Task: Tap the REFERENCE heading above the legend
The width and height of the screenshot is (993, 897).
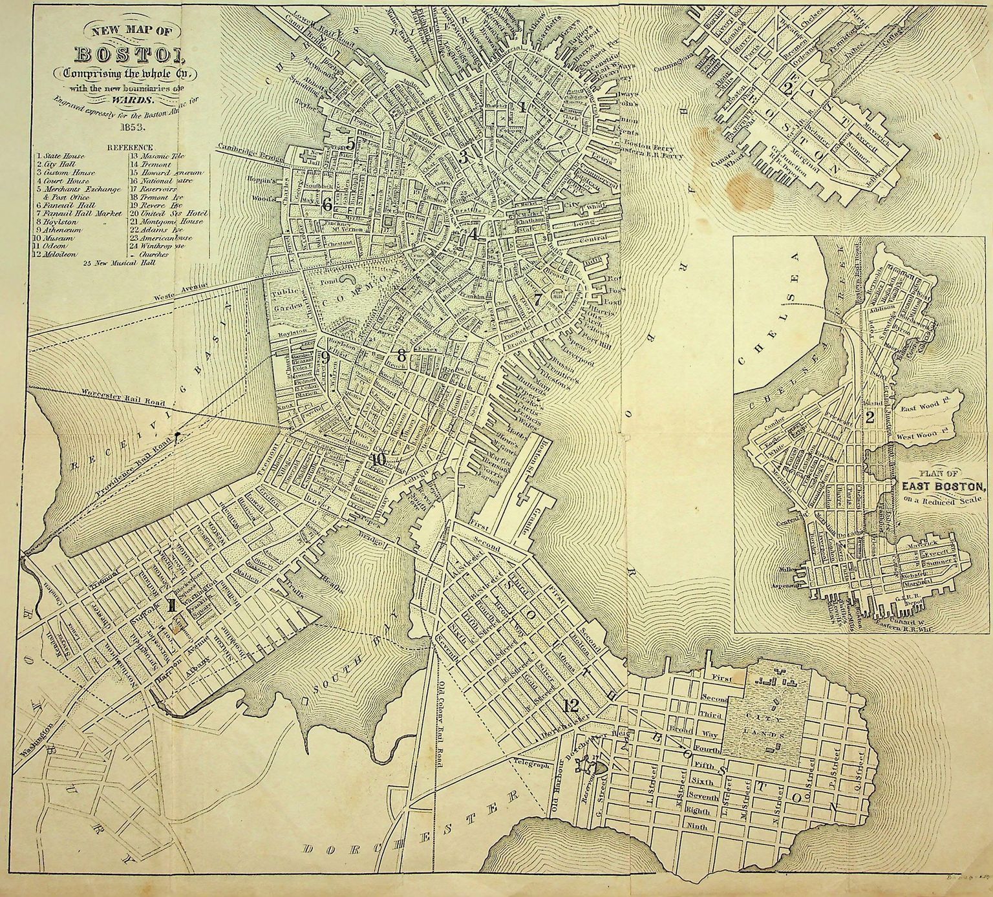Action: pos(129,147)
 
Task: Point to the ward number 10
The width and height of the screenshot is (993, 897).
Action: pos(378,459)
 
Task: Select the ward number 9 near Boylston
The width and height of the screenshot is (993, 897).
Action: pos(325,357)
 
